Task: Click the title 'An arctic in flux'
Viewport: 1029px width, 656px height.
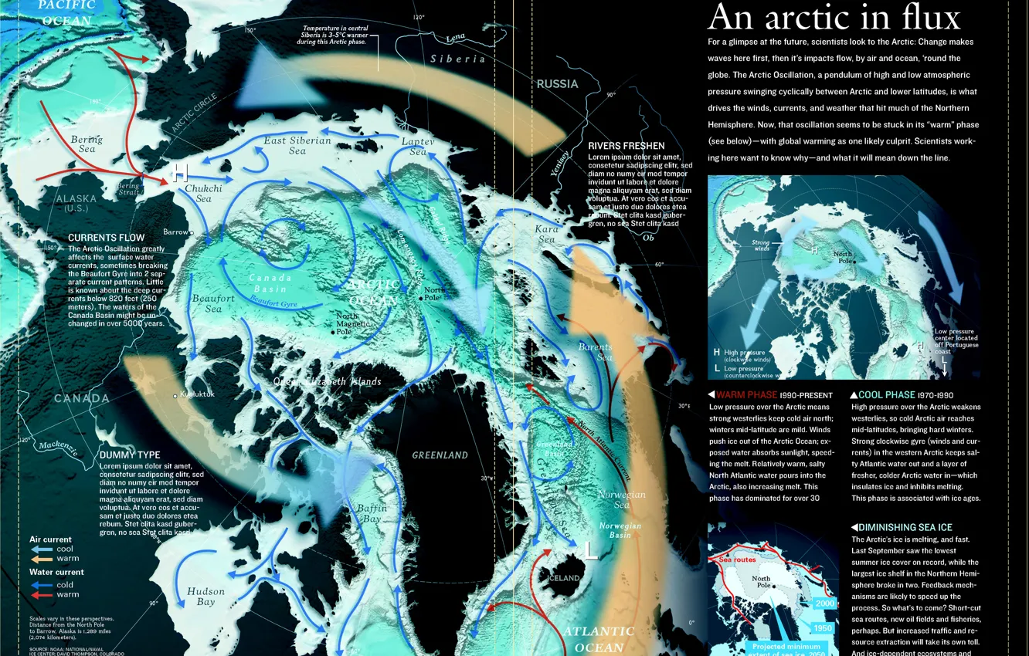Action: pos(834,17)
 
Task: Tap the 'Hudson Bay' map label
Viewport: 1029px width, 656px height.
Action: pos(205,597)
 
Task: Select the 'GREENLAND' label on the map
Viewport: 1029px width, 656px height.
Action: pos(440,455)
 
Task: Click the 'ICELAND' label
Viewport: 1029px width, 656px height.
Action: pos(564,578)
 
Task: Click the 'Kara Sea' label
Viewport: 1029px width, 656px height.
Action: pos(546,235)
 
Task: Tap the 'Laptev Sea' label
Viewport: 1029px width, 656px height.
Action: pos(418,147)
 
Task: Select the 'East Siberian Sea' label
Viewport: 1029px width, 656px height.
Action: pos(297,145)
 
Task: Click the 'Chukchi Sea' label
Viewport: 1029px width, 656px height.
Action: pos(203,193)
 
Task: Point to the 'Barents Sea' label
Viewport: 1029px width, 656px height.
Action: pos(595,352)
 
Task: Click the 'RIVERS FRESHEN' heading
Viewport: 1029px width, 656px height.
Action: pos(626,146)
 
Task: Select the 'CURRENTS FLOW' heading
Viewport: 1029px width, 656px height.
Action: pos(106,238)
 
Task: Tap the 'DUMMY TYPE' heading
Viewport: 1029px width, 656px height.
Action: pos(130,455)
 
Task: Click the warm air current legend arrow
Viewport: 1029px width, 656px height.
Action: pos(41,558)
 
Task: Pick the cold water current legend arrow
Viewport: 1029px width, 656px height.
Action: pos(41,585)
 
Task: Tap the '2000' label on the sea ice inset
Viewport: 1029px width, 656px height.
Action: pos(824,604)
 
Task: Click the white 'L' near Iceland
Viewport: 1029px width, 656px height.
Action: pos(590,550)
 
